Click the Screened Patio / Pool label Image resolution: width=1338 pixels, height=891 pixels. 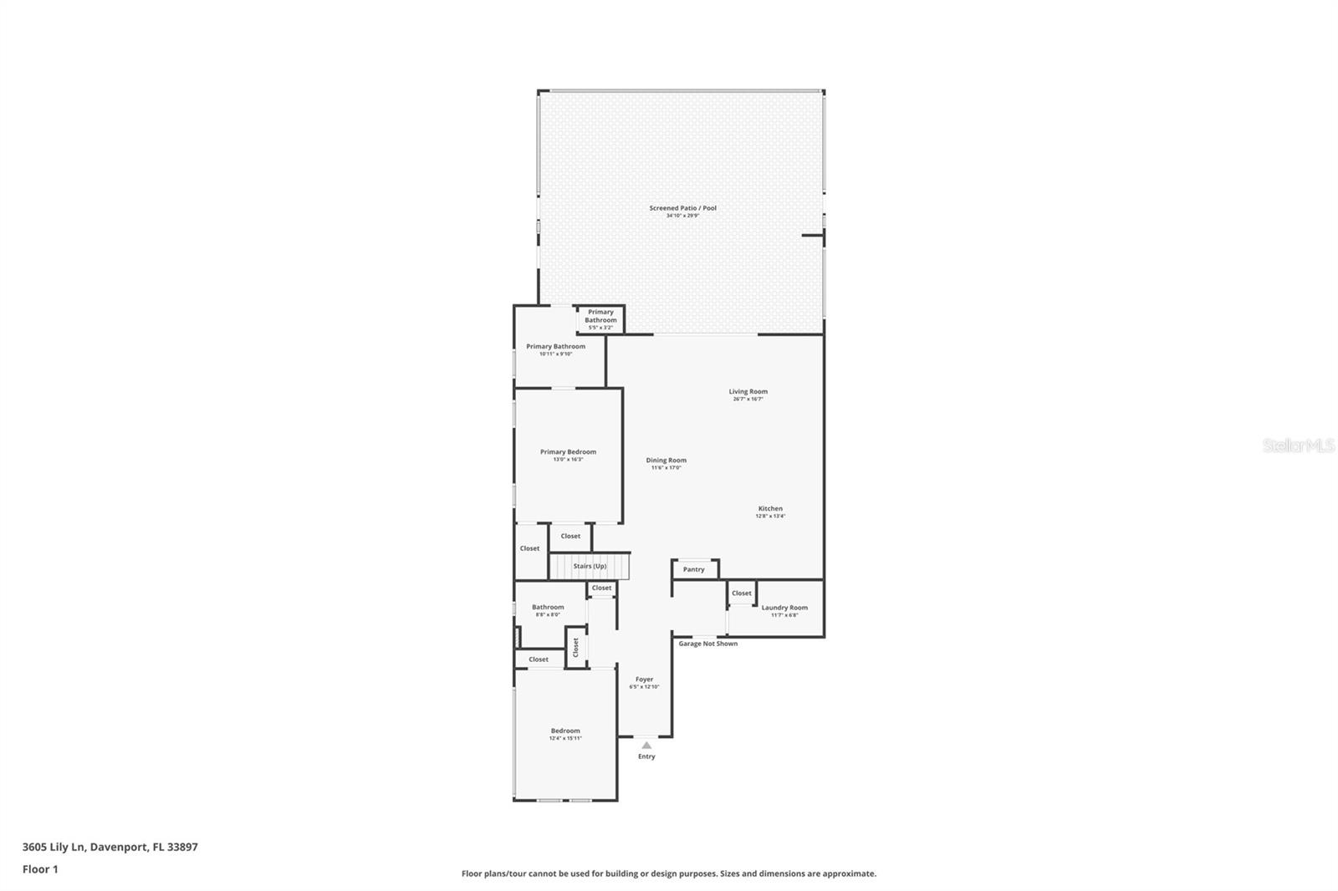[682, 208]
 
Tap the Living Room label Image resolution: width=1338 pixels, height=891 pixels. [748, 391]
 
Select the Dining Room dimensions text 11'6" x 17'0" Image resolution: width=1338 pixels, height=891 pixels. [666, 468]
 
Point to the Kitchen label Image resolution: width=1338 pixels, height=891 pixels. [770, 508]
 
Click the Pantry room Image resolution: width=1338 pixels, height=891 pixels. [694, 569]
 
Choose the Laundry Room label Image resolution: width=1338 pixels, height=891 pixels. [784, 608]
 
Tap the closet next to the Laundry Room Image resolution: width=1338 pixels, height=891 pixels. [742, 593]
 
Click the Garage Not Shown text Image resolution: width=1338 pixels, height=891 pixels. [707, 644]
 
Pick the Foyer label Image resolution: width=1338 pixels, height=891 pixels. [644, 680]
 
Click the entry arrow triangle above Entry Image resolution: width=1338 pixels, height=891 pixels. [646, 745]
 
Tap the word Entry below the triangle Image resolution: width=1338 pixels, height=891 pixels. [646, 756]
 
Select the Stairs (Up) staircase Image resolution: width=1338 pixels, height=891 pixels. [590, 566]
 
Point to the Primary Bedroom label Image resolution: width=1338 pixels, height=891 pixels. [568, 452]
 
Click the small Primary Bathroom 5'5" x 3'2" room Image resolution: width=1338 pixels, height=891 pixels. [600, 318]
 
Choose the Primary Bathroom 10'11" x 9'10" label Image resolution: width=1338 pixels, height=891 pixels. [555, 346]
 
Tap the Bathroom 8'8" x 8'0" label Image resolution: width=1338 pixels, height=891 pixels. [548, 608]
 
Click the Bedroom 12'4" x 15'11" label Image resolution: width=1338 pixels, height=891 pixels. [565, 731]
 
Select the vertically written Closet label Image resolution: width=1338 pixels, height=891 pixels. [576, 647]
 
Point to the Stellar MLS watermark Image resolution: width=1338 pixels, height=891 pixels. [1298, 446]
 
